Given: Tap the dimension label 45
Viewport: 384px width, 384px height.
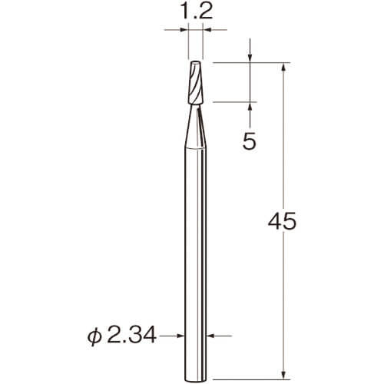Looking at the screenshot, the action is pos(282,221).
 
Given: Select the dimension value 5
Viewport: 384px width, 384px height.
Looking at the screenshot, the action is pos(250,141).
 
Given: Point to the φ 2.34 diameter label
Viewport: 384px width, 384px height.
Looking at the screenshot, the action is pos(121,336).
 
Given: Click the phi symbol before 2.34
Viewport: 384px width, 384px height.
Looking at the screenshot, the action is pos(94,336).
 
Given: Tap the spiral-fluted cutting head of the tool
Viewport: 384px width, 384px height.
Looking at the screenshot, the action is pos(195,82).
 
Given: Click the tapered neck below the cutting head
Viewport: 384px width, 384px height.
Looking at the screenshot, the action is pos(195,126).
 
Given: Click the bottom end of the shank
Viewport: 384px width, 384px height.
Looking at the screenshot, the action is pos(195,379).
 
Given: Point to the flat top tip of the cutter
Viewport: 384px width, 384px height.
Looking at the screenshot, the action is pos(195,61).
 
